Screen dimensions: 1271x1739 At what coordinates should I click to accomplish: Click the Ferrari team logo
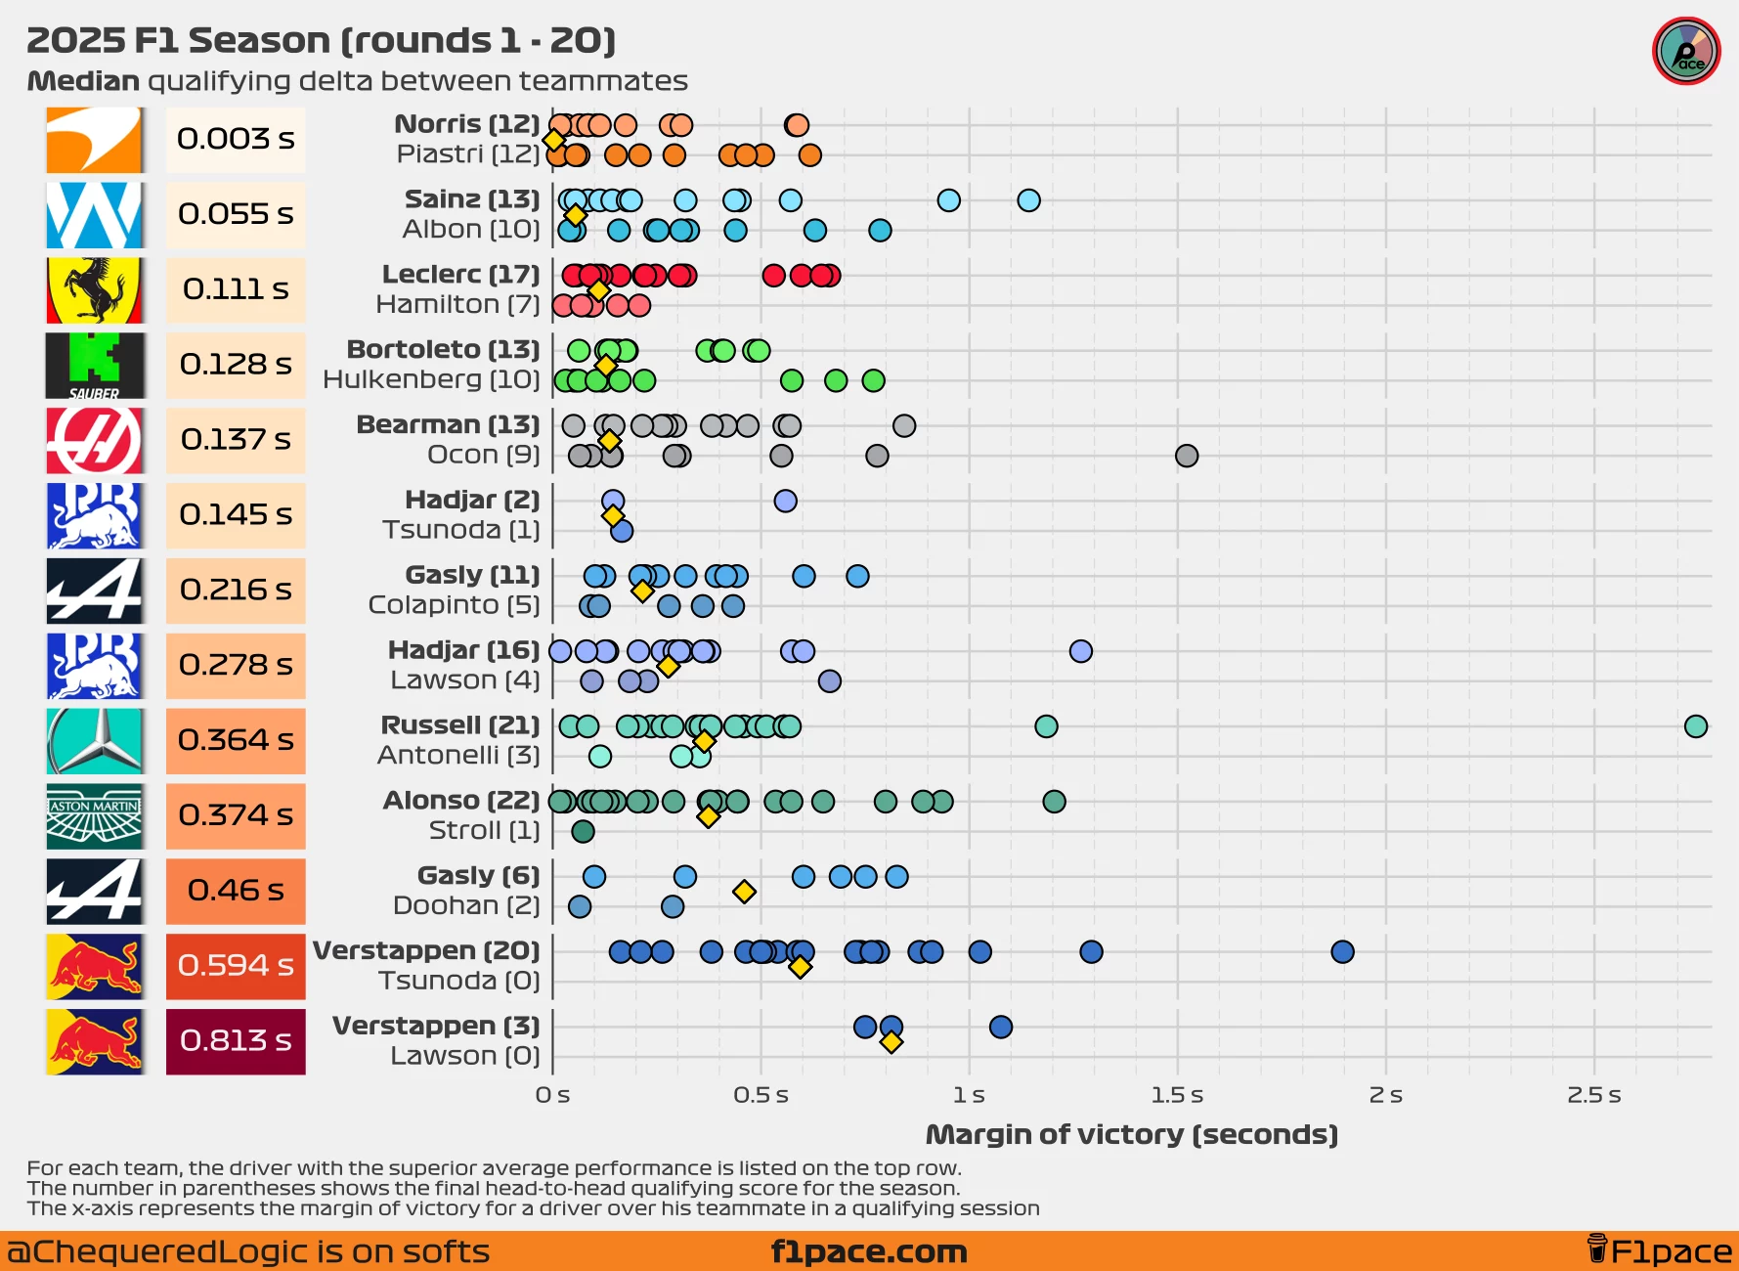pos(95,289)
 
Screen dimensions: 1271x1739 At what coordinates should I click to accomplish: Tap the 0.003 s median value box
pos(236,139)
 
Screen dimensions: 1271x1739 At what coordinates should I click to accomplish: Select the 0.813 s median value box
pos(236,1041)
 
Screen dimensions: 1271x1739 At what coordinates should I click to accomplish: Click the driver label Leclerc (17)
pos(460,275)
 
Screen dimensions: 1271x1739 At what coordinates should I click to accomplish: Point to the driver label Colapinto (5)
pos(454,605)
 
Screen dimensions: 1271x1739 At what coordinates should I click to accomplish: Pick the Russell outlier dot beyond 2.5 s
pos(1695,726)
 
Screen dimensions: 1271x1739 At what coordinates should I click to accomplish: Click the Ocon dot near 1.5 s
pos(1186,456)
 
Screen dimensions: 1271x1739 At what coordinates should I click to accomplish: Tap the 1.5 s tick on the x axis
pos(1177,1095)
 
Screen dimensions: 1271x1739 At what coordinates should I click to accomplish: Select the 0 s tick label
pos(552,1095)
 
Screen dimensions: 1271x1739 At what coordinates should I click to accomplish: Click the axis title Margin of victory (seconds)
pos(1131,1135)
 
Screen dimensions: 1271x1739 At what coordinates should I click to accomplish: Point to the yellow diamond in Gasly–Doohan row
pos(744,892)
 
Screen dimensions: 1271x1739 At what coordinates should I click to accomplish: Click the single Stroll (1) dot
pos(583,832)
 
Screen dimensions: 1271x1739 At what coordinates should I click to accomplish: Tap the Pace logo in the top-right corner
pos(1686,52)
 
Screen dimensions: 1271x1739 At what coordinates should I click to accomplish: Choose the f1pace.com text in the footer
pos(869,1251)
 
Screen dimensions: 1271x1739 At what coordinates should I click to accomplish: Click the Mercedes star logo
pos(95,741)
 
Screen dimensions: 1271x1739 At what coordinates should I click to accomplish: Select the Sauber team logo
pos(95,366)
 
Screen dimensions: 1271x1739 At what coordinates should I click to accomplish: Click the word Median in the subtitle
pos(83,81)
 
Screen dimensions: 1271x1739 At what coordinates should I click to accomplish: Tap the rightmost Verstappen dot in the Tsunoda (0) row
pos(1342,952)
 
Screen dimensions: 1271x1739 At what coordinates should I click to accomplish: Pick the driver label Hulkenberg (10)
pos(431,380)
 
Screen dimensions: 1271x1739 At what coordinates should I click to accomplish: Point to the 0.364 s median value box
pos(236,740)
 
